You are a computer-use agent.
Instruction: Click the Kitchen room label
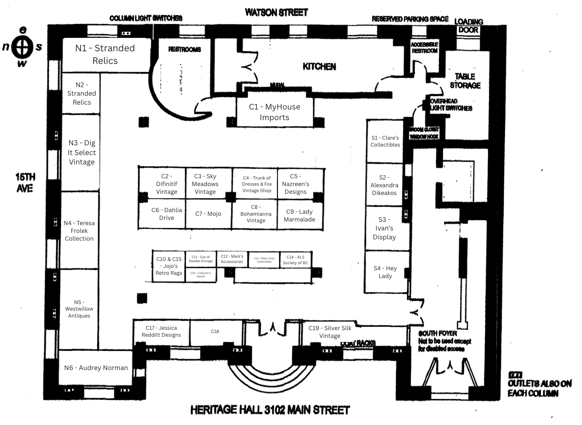pyautogui.click(x=319, y=66)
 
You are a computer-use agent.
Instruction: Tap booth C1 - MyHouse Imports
pyautogui.click(x=275, y=112)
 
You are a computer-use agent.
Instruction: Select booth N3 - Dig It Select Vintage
pyautogui.click(x=81, y=152)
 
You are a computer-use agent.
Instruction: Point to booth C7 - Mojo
pyautogui.click(x=208, y=214)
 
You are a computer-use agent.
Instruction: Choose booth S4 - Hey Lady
pyautogui.click(x=385, y=272)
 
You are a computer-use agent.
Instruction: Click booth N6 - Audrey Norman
pyautogui.click(x=96, y=368)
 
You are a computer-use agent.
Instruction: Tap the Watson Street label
pyautogui.click(x=276, y=13)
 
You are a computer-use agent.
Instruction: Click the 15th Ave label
pyautogui.click(x=25, y=182)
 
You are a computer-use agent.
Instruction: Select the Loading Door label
pyautogui.click(x=468, y=26)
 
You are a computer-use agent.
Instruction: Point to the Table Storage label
pyautogui.click(x=465, y=81)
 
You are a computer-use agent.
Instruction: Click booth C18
pyautogui.click(x=215, y=331)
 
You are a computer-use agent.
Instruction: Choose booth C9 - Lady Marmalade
pyautogui.click(x=300, y=215)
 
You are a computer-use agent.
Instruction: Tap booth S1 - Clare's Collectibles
pyautogui.click(x=385, y=141)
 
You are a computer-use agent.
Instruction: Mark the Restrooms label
pyautogui.click(x=184, y=49)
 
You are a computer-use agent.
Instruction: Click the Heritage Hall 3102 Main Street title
pyautogui.click(x=270, y=410)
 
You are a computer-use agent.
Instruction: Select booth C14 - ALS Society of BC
pyautogui.click(x=295, y=260)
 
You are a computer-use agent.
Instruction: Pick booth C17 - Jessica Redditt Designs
pyautogui.click(x=161, y=331)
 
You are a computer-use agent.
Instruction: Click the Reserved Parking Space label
pyautogui.click(x=410, y=19)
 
